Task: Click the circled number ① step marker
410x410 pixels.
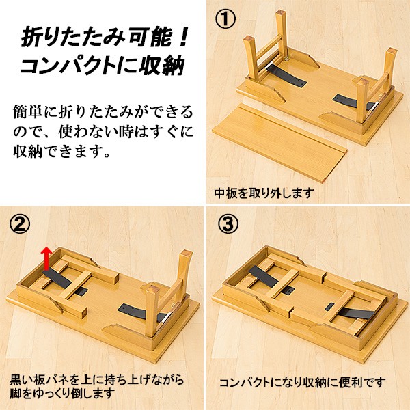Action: (x=225, y=18)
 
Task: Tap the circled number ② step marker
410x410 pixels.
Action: (x=20, y=225)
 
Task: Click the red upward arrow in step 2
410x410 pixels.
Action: (x=46, y=258)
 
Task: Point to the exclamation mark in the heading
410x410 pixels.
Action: (x=182, y=37)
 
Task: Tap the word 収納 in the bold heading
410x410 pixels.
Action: (x=161, y=65)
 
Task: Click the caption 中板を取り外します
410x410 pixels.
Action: (x=264, y=193)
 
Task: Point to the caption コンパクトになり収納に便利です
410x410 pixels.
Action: (x=302, y=383)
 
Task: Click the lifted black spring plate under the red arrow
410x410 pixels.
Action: (x=57, y=277)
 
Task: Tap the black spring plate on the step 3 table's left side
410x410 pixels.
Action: (x=263, y=276)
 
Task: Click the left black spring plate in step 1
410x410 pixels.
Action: (x=286, y=75)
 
